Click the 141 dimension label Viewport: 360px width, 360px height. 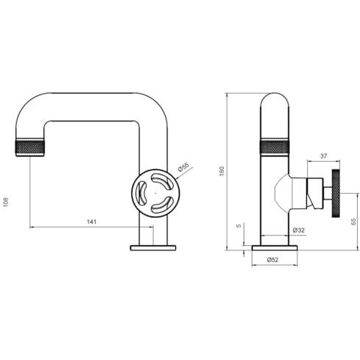pyautogui.click(x=91, y=222)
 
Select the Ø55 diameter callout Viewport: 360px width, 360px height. pyautogui.click(x=183, y=167)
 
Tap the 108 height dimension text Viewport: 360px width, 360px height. pyautogui.click(x=6, y=202)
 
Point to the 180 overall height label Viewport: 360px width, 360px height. pyautogui.click(x=222, y=171)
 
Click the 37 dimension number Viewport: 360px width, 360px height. pyautogui.click(x=324, y=156)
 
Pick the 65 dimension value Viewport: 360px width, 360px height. pyautogui.click(x=353, y=222)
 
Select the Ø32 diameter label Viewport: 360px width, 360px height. pyautogui.click(x=299, y=230)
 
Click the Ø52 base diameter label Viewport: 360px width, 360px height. pyautogui.click(x=273, y=260)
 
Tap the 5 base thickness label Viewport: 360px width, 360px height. pyautogui.click(x=239, y=225)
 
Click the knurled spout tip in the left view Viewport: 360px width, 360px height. pyautogui.click(x=30, y=147)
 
